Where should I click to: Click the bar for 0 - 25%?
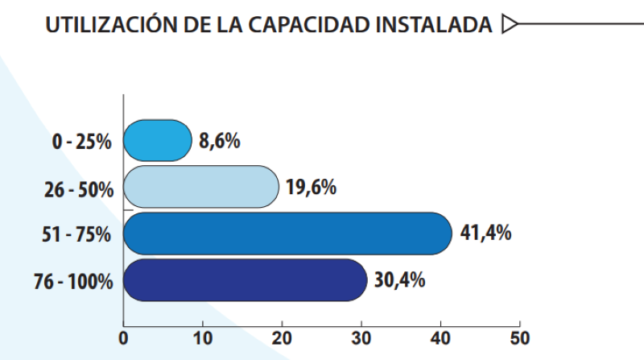click(x=158, y=141)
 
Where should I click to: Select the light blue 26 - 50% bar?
click(x=201, y=187)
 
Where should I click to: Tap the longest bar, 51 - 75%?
click(x=287, y=234)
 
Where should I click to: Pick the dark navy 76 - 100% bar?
click(x=246, y=280)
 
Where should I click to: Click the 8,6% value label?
click(x=220, y=141)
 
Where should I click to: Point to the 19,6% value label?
click(x=311, y=187)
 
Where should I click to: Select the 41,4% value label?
click(x=485, y=234)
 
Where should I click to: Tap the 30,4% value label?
click(x=399, y=280)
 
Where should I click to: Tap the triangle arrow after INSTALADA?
click(x=508, y=26)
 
